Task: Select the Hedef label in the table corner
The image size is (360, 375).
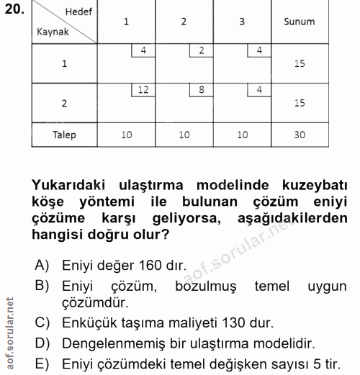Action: (x=78, y=12)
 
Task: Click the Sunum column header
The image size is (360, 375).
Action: (x=300, y=22)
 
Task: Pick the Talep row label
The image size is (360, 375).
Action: (x=64, y=135)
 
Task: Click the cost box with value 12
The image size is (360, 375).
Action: (x=143, y=90)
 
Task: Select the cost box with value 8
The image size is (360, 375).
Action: (x=201, y=90)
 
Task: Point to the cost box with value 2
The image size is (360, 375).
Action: (x=201, y=50)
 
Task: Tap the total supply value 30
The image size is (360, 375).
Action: (x=300, y=135)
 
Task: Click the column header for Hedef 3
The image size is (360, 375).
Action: (x=241, y=22)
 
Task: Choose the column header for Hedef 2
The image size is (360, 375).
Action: (x=184, y=22)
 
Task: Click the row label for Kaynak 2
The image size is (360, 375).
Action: (x=64, y=103)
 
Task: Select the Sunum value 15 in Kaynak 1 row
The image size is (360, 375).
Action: (x=300, y=63)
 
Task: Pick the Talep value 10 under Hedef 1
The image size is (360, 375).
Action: (x=126, y=135)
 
